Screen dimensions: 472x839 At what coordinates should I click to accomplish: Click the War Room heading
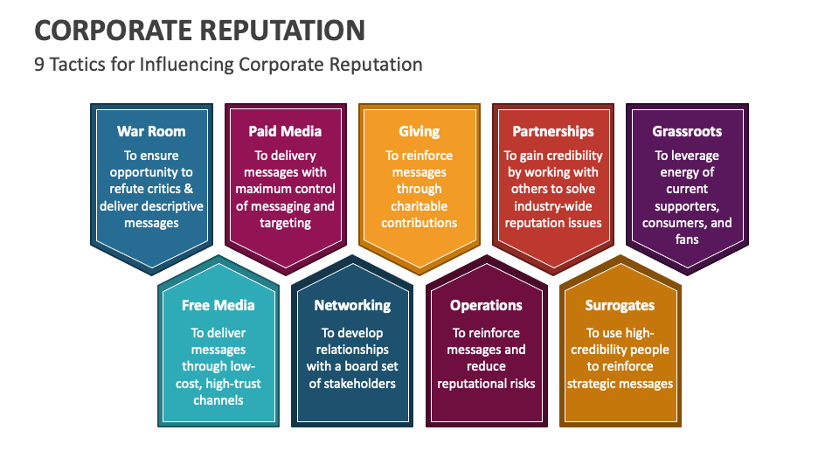[x=151, y=131]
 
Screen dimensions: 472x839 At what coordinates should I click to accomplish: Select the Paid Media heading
[x=285, y=131]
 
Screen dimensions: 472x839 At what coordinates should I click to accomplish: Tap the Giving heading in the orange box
[x=419, y=131]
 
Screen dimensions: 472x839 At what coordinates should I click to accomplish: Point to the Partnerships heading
[x=552, y=131]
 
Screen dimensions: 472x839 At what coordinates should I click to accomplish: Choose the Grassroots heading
[x=687, y=131]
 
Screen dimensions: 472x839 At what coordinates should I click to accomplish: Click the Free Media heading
[x=218, y=305]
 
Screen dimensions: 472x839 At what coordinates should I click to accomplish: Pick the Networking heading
[x=352, y=305]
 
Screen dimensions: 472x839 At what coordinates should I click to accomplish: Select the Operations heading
[x=486, y=305]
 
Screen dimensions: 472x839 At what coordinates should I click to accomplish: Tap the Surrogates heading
[x=620, y=305]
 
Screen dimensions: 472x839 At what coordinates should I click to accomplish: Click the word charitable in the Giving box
[x=419, y=206]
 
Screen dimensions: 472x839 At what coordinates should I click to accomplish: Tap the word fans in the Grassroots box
[x=687, y=239]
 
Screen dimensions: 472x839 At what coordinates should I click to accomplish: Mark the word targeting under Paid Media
[x=285, y=223]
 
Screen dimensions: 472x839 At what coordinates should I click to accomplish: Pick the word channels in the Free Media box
[x=218, y=400]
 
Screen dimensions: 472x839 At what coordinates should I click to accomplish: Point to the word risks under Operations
[x=517, y=384]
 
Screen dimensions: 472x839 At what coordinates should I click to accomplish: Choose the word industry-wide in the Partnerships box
[x=552, y=206]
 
